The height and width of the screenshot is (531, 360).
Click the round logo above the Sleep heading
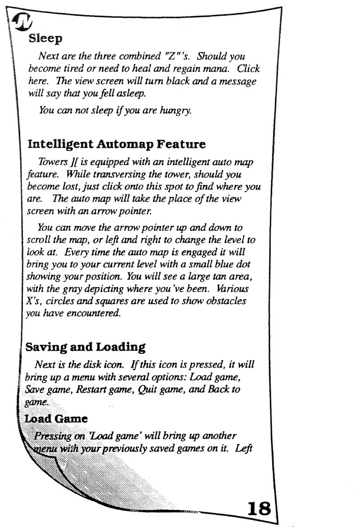tap(22, 21)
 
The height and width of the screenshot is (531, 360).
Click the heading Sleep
tap(45, 38)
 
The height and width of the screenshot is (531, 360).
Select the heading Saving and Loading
tap(85, 347)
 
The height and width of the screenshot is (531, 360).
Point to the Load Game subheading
tap(56, 418)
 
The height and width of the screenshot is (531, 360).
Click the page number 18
tap(259, 508)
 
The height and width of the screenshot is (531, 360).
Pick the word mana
tap(216, 69)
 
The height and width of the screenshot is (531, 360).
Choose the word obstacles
tap(226, 301)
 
